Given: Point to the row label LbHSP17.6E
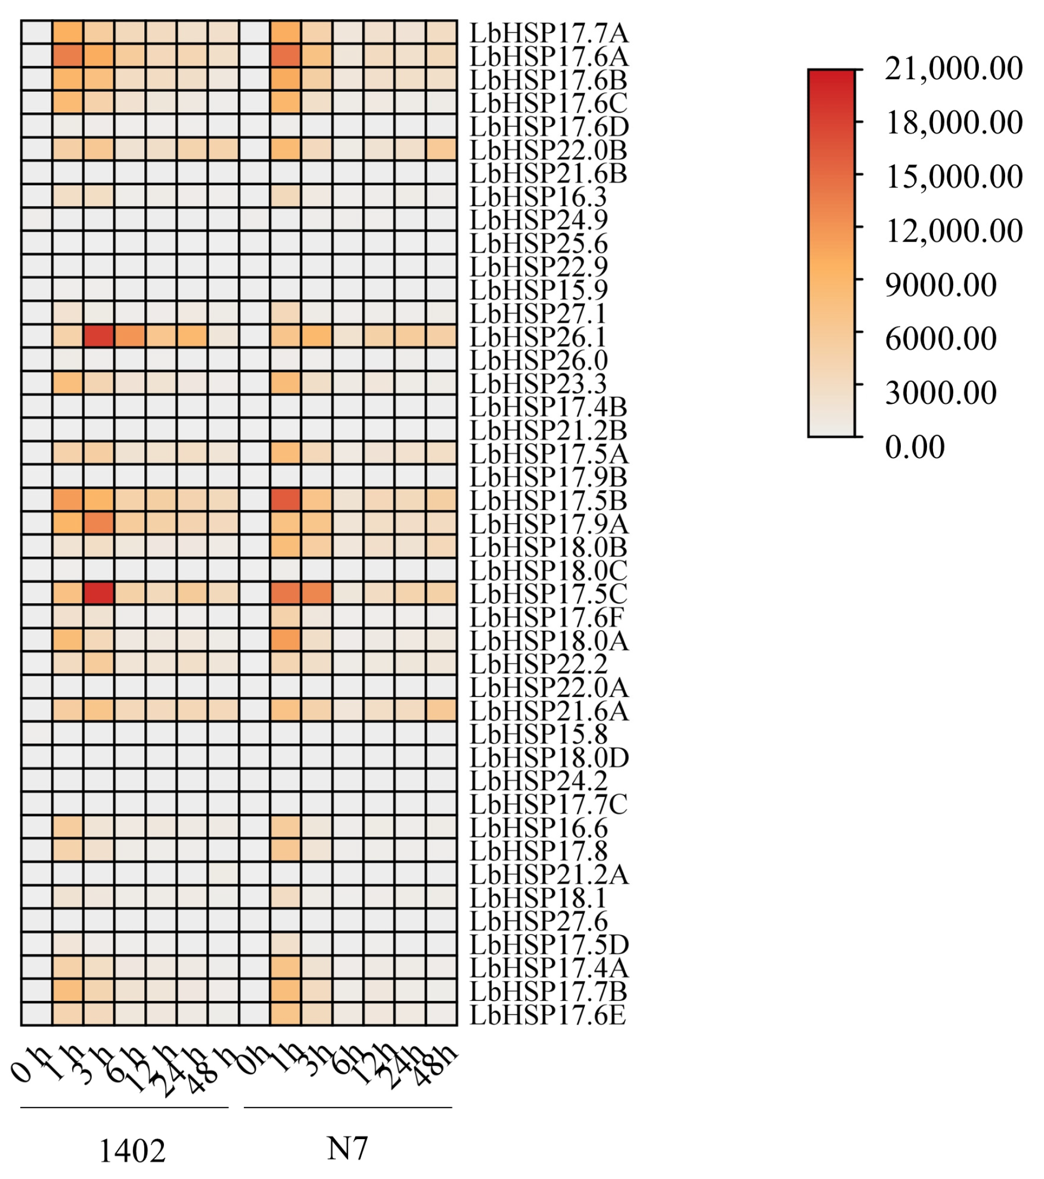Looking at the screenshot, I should click(548, 1014).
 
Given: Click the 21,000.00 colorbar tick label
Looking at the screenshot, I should click(953, 68).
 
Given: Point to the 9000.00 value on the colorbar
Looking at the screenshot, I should click(940, 284).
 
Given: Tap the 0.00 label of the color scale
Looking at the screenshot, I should click(915, 447).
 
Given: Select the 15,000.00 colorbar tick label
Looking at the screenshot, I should click(953, 177).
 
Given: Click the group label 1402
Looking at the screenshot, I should click(132, 1151).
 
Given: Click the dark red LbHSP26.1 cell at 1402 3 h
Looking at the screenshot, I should click(98, 336).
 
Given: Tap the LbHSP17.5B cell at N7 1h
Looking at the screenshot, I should click(285, 500).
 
